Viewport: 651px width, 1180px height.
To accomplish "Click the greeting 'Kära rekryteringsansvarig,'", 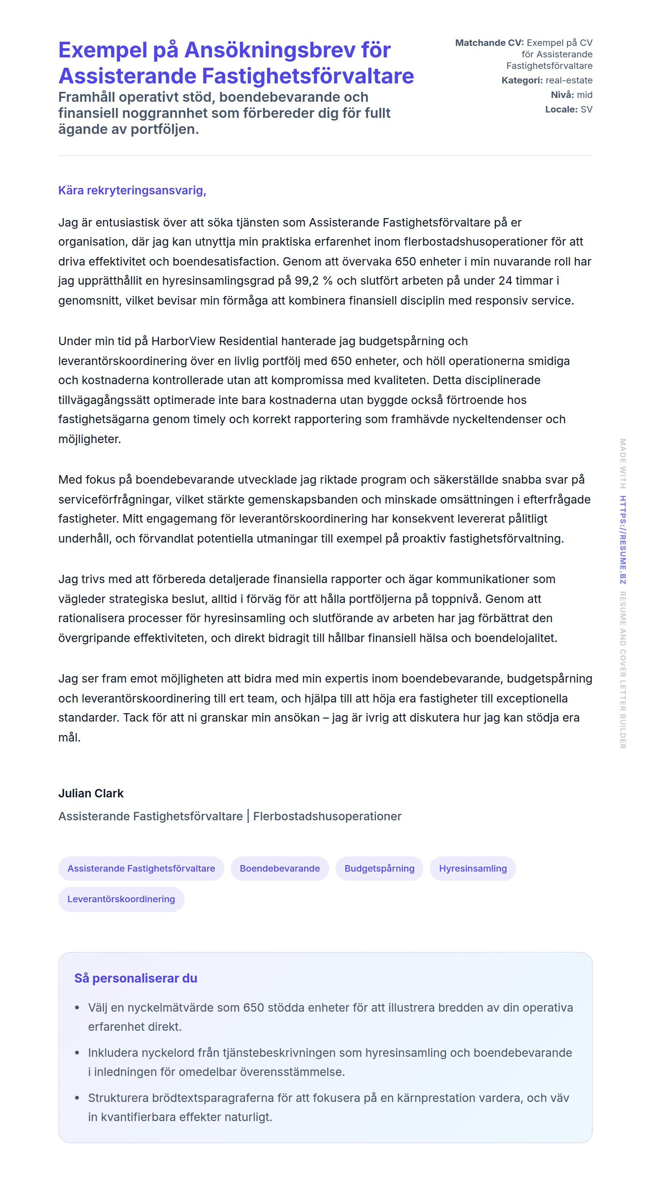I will [132, 190].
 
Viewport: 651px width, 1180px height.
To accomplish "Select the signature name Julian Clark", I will [91, 794].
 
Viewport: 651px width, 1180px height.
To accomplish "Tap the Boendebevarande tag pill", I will [280, 869].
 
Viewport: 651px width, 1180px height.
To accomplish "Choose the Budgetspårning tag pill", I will [379, 869].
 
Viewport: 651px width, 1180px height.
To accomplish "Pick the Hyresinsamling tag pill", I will [473, 869].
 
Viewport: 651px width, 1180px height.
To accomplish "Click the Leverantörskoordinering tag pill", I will [121, 899].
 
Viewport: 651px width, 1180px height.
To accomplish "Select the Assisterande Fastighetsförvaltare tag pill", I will [141, 869].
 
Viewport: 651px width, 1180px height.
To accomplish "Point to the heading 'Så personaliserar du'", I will [136, 978].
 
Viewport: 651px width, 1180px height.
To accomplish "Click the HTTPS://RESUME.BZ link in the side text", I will [623, 539].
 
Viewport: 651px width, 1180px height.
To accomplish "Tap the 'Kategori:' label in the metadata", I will [522, 81].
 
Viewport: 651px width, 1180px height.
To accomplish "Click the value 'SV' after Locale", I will [586, 109].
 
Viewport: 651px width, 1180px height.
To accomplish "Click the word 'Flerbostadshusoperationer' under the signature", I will [327, 816].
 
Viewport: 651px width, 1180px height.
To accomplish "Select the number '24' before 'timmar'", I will [505, 281].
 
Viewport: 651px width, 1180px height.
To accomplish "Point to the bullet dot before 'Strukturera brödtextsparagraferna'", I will [77, 1098].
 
